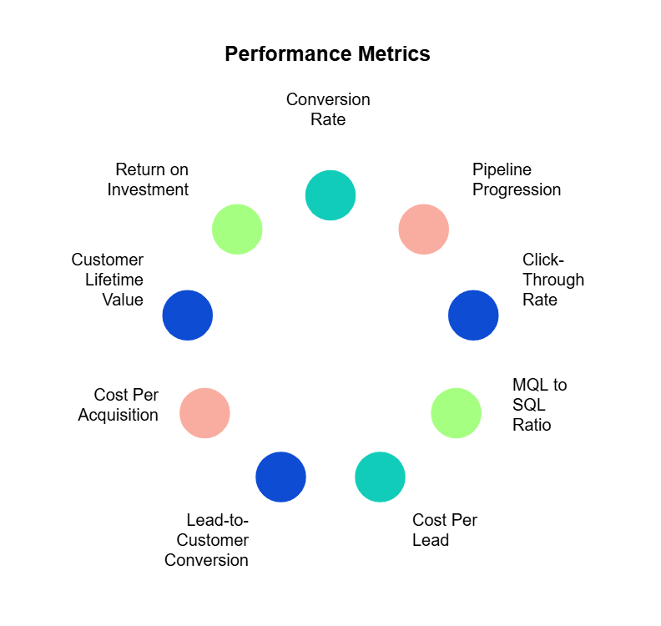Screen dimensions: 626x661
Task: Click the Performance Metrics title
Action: pyautogui.click(x=327, y=54)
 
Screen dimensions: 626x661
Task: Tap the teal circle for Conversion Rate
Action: pyautogui.click(x=330, y=195)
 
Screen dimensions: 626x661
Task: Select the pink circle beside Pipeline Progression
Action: pyautogui.click(x=423, y=229)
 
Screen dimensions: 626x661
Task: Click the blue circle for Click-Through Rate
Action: pyautogui.click(x=473, y=316)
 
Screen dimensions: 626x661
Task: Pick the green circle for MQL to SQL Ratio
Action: pyautogui.click(x=456, y=413)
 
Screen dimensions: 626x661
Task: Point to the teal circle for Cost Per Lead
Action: pyautogui.click(x=380, y=477)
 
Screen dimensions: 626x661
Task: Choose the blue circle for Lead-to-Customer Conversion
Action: pyautogui.click(x=280, y=477)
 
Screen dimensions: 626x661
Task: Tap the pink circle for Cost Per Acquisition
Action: pyautogui.click(x=204, y=413)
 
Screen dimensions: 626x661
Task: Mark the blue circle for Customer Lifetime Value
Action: pyautogui.click(x=188, y=316)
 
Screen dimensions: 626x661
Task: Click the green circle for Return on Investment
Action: pyautogui.click(x=237, y=229)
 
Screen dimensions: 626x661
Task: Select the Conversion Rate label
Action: pyautogui.click(x=328, y=109)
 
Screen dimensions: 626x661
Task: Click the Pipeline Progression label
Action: pyautogui.click(x=517, y=179)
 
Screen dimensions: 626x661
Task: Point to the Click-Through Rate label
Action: pyautogui.click(x=553, y=280)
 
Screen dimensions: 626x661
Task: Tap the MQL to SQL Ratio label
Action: pyautogui.click(x=539, y=405)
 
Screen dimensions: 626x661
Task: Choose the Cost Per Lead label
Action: pyautogui.click(x=445, y=530)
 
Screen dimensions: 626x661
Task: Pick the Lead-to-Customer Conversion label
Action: pyautogui.click(x=207, y=540)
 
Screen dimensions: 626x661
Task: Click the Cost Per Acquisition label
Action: pyautogui.click(x=119, y=405)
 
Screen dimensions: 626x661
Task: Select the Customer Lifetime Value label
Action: pyautogui.click(x=108, y=280)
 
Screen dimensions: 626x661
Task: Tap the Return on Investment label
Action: pyautogui.click(x=149, y=179)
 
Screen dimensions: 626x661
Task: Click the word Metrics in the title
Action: pyautogui.click(x=391, y=54)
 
